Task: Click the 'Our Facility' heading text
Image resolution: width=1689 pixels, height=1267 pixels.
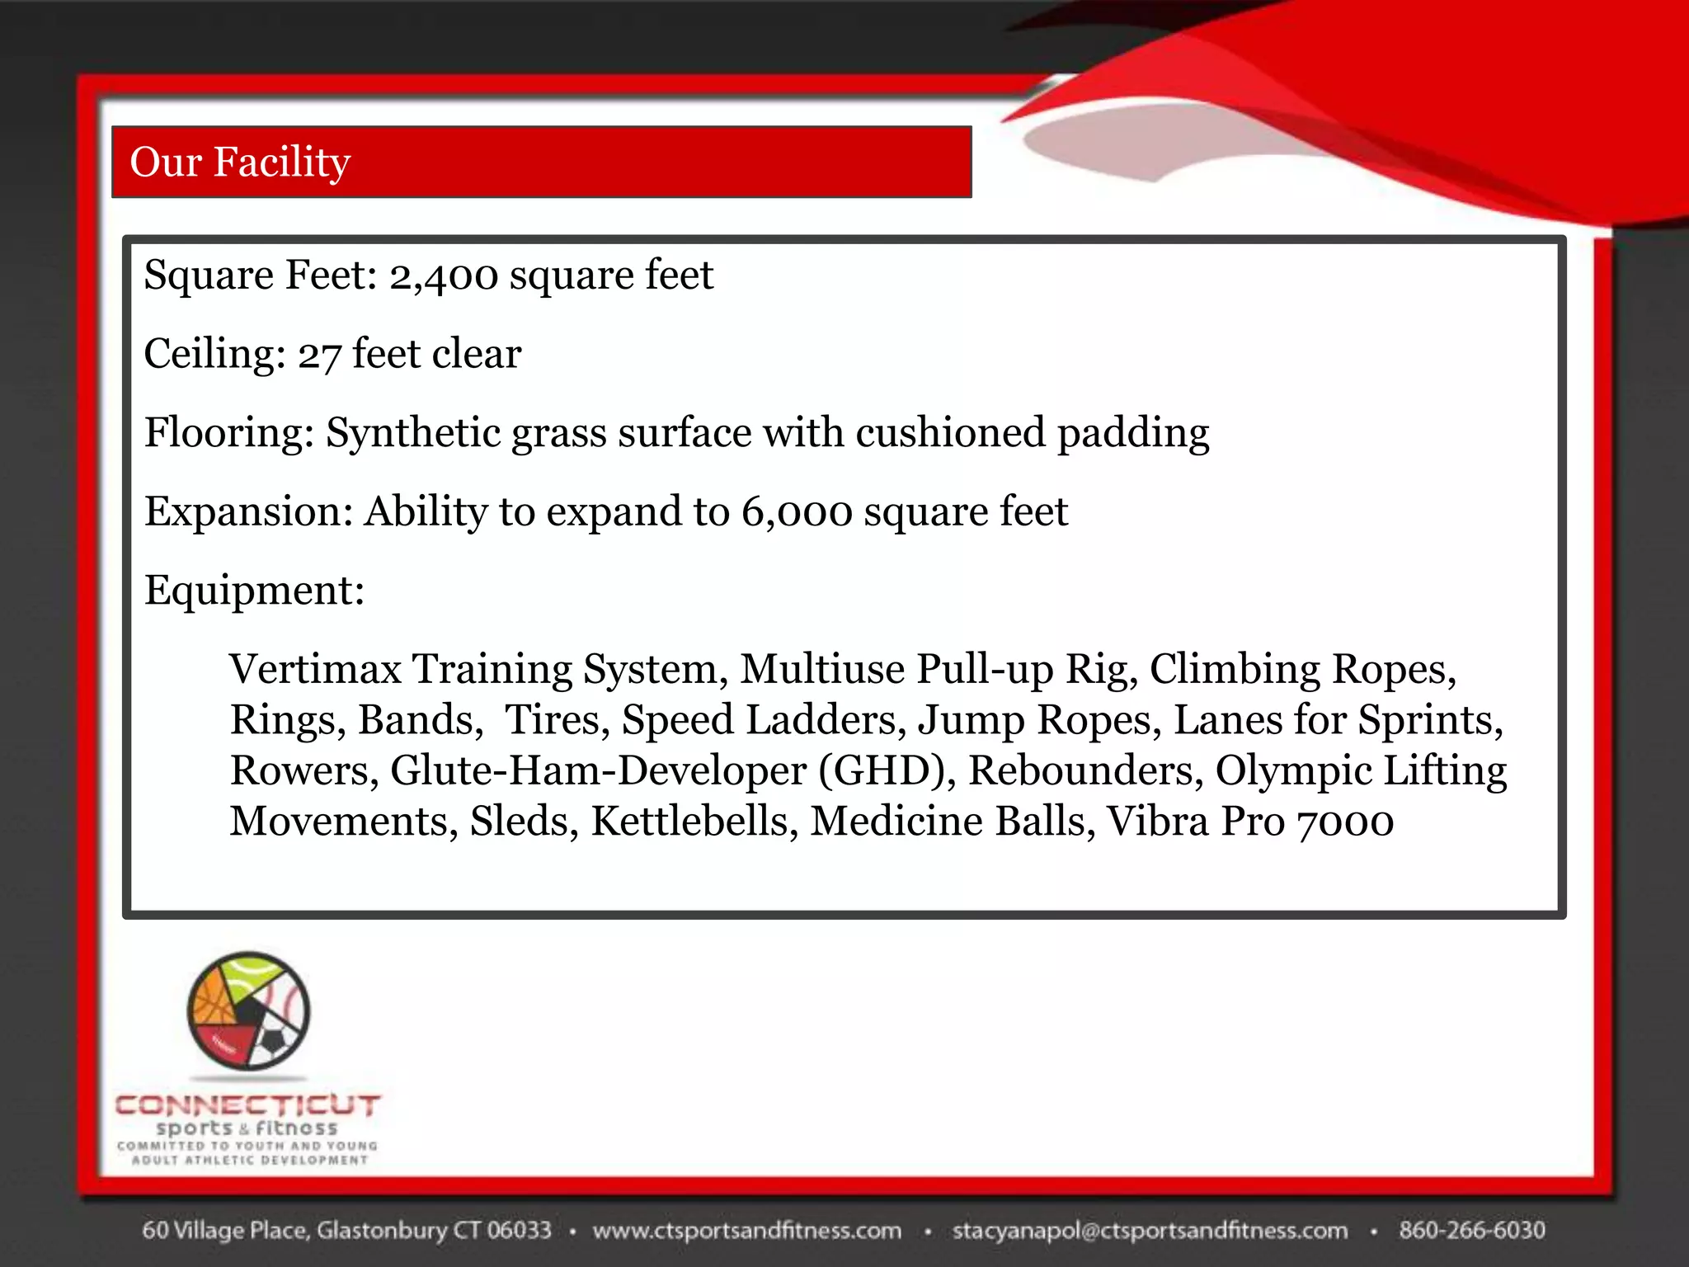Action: [x=240, y=162]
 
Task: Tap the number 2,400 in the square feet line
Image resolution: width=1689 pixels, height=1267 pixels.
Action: [x=444, y=276]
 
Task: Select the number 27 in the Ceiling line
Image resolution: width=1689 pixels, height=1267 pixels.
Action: [x=319, y=355]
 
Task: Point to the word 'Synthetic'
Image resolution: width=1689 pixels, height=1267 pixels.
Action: [x=413, y=433]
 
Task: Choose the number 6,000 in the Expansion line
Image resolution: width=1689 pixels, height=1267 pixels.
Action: [x=796, y=511]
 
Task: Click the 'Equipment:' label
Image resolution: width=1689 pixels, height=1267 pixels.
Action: [x=254, y=591]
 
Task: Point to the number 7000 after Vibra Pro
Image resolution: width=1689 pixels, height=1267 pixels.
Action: [x=1344, y=822]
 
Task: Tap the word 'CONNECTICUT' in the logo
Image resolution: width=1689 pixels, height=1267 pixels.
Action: [x=247, y=1105]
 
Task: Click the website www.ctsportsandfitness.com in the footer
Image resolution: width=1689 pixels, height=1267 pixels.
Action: [x=747, y=1231]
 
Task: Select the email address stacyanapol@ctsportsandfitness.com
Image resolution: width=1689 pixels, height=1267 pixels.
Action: [x=1150, y=1231]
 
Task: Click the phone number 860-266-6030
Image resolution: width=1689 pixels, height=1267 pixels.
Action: [x=1471, y=1231]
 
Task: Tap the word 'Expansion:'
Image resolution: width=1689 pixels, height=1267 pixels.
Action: [x=249, y=511]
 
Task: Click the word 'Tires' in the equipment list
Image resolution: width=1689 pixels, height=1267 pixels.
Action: [x=552, y=720]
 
